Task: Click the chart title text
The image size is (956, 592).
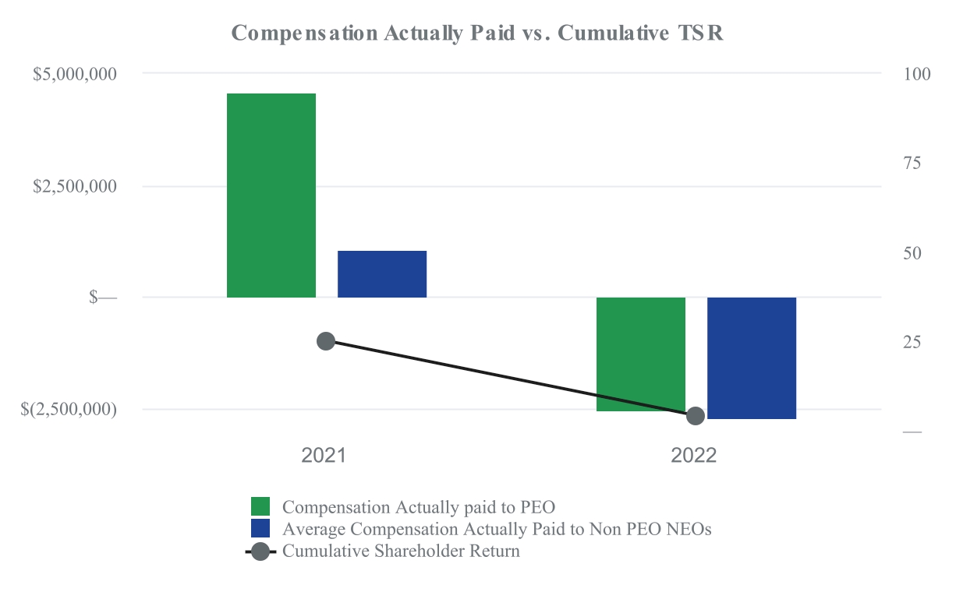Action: pyautogui.click(x=478, y=33)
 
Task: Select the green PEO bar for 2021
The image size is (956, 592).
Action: pyautogui.click(x=271, y=195)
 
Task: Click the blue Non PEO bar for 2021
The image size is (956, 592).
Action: pyautogui.click(x=382, y=273)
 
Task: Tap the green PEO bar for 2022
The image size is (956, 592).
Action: pyautogui.click(x=641, y=354)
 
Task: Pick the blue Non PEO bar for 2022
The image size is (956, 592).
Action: pyautogui.click(x=752, y=358)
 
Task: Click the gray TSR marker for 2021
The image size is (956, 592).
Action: pyautogui.click(x=326, y=341)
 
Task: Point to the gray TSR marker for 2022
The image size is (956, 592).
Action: pyautogui.click(x=696, y=416)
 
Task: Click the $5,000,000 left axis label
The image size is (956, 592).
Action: pyautogui.click(x=75, y=74)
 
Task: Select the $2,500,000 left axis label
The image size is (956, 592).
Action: pyautogui.click(x=75, y=186)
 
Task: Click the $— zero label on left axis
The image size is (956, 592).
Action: pyautogui.click(x=103, y=298)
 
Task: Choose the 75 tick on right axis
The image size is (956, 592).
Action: pyautogui.click(x=912, y=164)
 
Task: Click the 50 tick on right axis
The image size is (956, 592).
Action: pyautogui.click(x=912, y=253)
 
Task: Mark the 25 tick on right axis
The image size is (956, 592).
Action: pyautogui.click(x=912, y=343)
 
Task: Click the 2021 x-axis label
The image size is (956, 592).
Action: pyautogui.click(x=324, y=456)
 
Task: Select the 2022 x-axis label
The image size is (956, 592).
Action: pyautogui.click(x=694, y=456)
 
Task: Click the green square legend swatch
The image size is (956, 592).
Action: pyautogui.click(x=260, y=506)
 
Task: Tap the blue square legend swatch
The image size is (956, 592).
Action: pyautogui.click(x=260, y=528)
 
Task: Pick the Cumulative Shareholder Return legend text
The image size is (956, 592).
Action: pyautogui.click(x=401, y=551)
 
